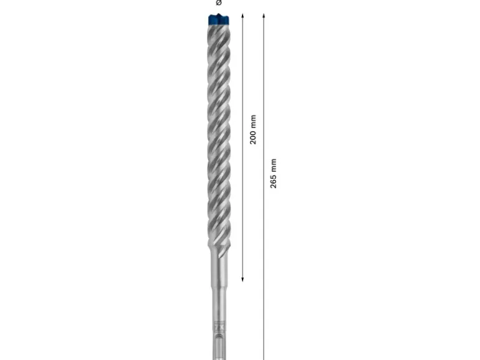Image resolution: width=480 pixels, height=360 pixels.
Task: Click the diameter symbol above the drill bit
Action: point(219,2)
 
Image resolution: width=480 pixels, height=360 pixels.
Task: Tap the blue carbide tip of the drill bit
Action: point(219,19)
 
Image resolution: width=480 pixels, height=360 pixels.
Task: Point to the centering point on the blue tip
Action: point(219,14)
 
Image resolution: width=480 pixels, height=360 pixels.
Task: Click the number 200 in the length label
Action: point(253,136)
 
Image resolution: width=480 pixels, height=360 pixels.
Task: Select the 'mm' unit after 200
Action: point(253,121)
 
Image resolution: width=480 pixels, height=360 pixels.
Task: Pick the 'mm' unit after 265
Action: point(274,165)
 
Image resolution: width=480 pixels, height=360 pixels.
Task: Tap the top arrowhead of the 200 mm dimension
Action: point(242,16)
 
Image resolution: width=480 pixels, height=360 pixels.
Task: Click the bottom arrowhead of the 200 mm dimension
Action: point(242,279)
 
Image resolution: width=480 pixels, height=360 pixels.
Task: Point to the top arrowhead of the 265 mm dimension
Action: point(264,16)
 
